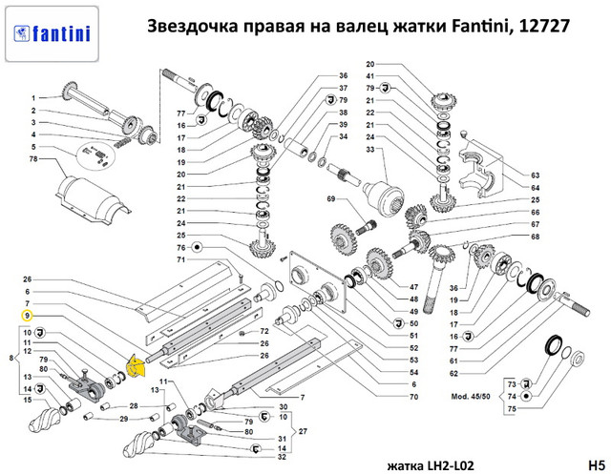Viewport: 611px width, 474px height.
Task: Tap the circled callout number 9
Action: tap(27, 316)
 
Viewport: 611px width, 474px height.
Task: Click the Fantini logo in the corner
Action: tap(52, 34)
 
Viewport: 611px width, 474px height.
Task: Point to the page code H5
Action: tap(596, 465)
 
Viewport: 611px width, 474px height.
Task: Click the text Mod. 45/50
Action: tap(471, 397)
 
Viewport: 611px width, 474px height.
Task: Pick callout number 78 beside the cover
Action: tap(33, 158)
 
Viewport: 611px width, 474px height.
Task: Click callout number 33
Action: tap(369, 149)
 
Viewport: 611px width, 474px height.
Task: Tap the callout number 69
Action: tap(331, 199)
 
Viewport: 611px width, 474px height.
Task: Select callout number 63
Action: tap(535, 175)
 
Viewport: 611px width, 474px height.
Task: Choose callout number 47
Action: tap(413, 287)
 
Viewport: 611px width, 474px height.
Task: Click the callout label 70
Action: tap(413, 397)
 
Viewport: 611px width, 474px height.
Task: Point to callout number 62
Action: tap(453, 373)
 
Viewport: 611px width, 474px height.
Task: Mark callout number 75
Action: tap(512, 408)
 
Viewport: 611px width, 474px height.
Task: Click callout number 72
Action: tap(264, 331)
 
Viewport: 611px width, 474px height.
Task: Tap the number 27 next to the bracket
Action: tap(303, 431)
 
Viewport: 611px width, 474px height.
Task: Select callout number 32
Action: tap(283, 457)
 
